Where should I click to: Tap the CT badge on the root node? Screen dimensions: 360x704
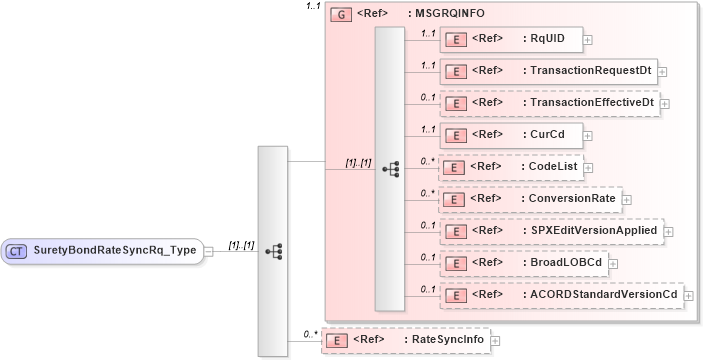[18, 251]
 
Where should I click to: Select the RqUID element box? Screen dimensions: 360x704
[510, 39]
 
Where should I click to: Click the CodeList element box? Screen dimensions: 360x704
[510, 167]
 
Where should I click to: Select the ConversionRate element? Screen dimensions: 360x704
[529, 199]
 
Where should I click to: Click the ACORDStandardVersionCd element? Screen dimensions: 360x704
[561, 295]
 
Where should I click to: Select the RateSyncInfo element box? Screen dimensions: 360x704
[405, 340]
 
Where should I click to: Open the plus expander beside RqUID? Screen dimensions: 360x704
[588, 40]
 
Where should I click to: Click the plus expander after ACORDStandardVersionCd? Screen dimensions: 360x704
[689, 296]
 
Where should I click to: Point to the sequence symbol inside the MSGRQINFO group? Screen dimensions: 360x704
[390, 169]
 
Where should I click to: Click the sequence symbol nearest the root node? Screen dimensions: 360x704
[273, 251]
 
